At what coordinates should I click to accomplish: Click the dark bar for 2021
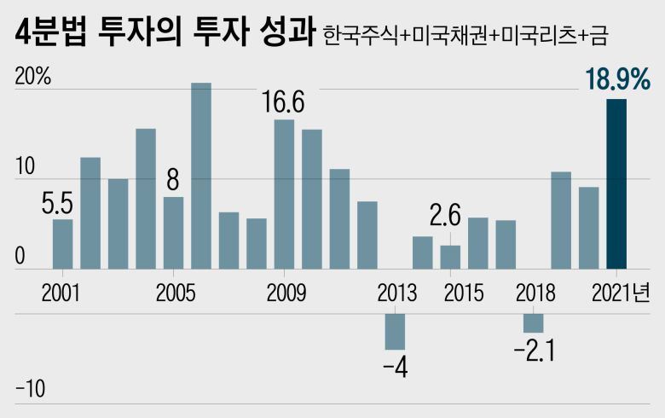[x=616, y=183]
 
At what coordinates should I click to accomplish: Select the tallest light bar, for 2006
[x=201, y=175]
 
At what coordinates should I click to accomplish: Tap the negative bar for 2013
[x=395, y=331]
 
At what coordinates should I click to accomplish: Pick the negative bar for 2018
[x=533, y=322]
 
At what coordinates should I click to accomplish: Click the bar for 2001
[x=63, y=244]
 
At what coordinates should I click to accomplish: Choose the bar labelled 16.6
[x=284, y=194]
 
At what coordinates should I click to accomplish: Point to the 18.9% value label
[x=617, y=79]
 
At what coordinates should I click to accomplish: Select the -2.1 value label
[x=534, y=351]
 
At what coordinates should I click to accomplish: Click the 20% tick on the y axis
[x=33, y=76]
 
